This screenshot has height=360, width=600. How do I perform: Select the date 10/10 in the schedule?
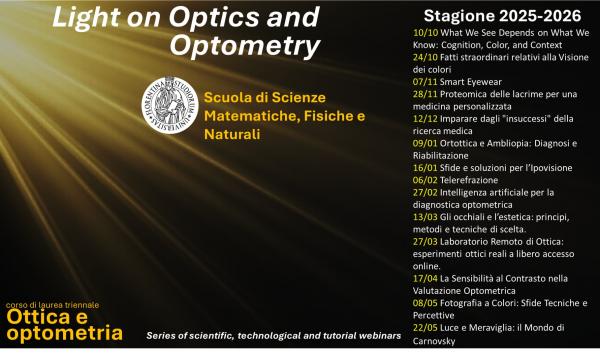tap(424, 33)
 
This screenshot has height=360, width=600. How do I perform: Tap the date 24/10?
tap(424, 56)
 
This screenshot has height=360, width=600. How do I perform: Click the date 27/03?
tap(424, 241)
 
